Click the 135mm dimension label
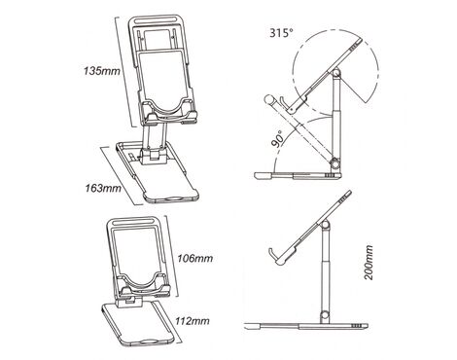(102, 71)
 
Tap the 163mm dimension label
(103, 188)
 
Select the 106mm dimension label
(194, 259)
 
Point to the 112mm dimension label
(193, 321)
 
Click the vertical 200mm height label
(369, 263)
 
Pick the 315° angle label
(281, 33)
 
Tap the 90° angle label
(279, 138)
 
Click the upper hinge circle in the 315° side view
(337, 73)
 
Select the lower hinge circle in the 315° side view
(334, 163)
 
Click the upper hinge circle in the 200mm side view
(326, 225)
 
